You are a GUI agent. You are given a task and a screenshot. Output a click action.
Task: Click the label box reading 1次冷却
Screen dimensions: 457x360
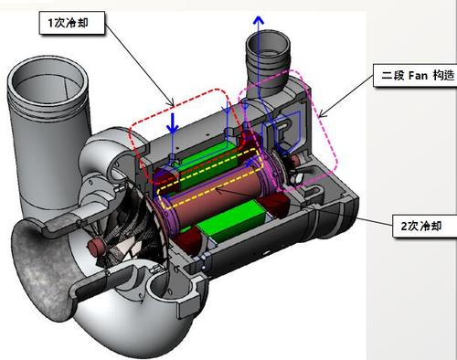click(72, 23)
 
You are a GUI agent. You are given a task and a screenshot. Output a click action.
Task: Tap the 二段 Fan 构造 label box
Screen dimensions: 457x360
click(415, 75)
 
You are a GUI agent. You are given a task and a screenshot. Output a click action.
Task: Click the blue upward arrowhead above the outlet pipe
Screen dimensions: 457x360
click(259, 20)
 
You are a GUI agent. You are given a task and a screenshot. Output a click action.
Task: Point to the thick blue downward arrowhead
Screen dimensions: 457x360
click(173, 129)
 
